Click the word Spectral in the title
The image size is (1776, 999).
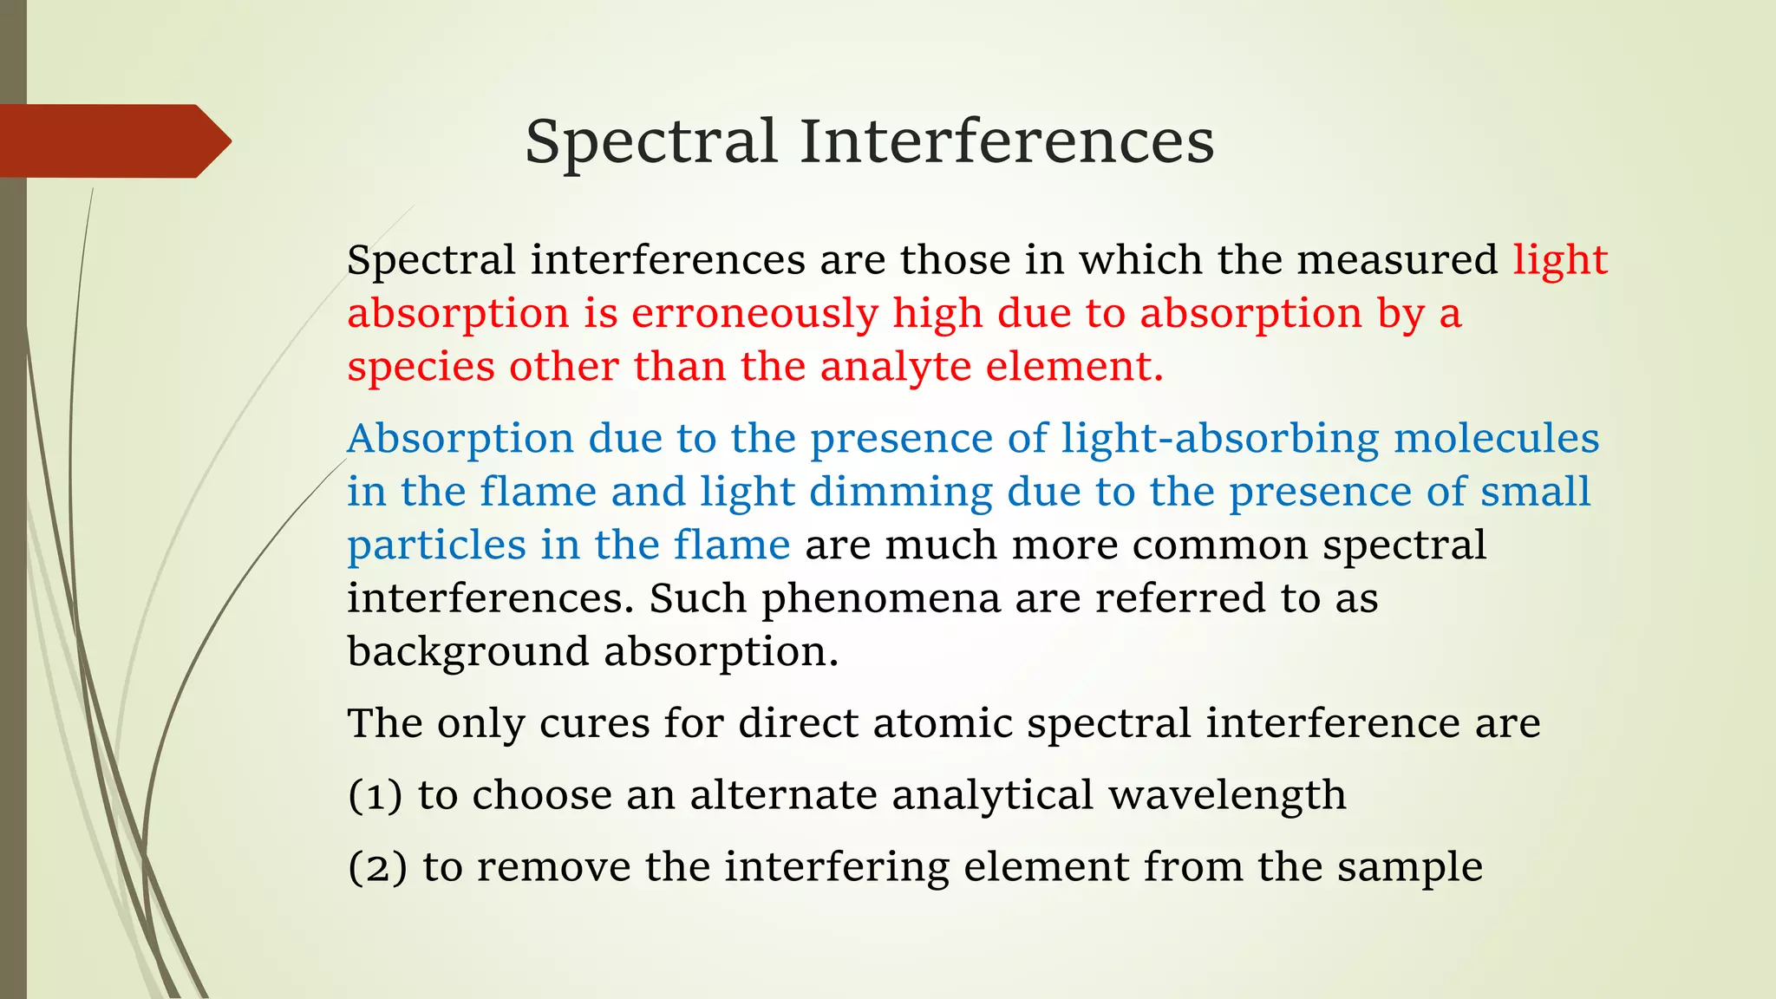650,141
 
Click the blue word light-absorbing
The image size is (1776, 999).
1220,439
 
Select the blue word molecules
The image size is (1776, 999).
1496,439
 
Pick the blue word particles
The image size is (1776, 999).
436,546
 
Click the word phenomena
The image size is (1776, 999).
880,598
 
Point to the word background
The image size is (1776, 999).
467,652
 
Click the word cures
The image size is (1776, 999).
594,723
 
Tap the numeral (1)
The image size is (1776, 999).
375,795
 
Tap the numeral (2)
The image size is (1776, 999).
376,867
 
